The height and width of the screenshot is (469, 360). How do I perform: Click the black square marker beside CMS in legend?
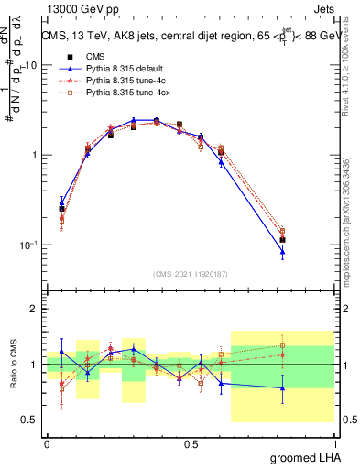70,56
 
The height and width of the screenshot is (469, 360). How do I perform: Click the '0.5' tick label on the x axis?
191,443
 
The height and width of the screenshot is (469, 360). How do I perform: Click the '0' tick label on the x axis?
47,443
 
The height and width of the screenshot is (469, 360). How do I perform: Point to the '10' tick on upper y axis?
30,65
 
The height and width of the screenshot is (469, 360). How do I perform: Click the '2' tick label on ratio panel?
35,309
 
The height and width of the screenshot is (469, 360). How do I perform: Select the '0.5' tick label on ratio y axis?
30,420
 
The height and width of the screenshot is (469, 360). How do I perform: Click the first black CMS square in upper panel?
61,209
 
